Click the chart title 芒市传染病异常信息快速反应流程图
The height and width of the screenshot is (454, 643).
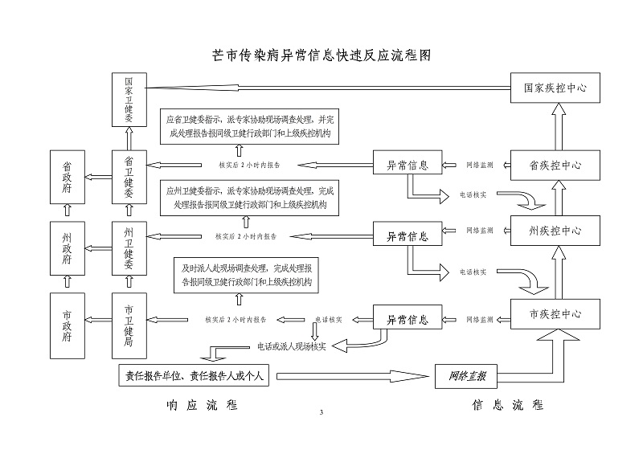click(x=321, y=55)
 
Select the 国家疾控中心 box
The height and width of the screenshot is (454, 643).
click(x=555, y=88)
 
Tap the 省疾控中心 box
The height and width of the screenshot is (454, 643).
click(x=555, y=165)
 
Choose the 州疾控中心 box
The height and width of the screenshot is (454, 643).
click(x=555, y=231)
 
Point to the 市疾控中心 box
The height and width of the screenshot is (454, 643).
click(x=555, y=313)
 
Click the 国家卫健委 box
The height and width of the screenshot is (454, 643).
click(x=129, y=99)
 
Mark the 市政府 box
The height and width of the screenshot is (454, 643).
click(x=68, y=325)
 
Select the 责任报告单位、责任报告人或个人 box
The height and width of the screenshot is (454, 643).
click(x=196, y=375)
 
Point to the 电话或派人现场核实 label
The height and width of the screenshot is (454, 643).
click(x=291, y=346)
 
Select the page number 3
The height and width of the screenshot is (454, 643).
click(x=321, y=413)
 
